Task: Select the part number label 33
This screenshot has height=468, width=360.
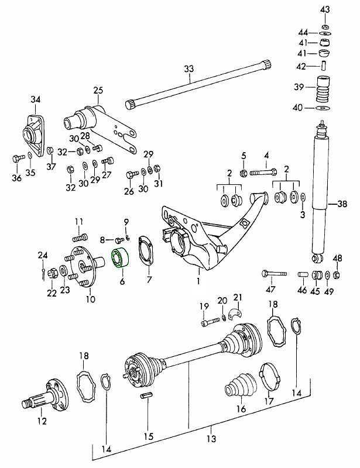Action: [x=188, y=69]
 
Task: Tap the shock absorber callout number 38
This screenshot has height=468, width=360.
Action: [x=342, y=205]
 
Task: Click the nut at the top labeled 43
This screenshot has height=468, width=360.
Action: [x=325, y=27]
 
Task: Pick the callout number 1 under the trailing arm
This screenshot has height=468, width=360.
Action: [x=198, y=281]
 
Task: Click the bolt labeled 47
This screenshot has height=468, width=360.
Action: [x=275, y=273]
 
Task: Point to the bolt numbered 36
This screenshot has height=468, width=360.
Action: [x=17, y=157]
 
